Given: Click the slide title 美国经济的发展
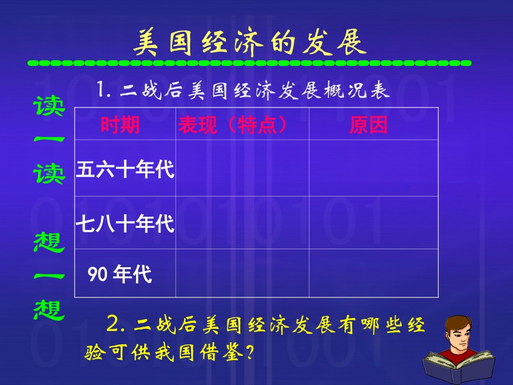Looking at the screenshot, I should pyautogui.click(x=249, y=43).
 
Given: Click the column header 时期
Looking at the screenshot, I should pyautogui.click(x=120, y=125).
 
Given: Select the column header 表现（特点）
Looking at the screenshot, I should pyautogui.click(x=232, y=125).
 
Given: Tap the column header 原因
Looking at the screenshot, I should pyautogui.click(x=368, y=125).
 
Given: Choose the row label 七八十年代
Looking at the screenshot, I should pyautogui.click(x=125, y=224).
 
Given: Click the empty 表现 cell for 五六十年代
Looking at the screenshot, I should pyautogui.click(x=242, y=168).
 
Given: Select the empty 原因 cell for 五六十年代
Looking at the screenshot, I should pyautogui.click(x=373, y=168).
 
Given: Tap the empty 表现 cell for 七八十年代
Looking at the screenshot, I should pyautogui.click(x=242, y=222).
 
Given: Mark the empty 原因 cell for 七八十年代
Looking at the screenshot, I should pyautogui.click(x=373, y=222).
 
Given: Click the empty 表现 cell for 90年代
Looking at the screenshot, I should pyautogui.click(x=242, y=273).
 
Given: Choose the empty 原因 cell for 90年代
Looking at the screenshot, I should pyautogui.click(x=373, y=273).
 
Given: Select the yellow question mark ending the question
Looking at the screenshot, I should pyautogui.click(x=249, y=354).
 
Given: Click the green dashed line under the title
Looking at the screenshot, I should pyautogui.click(x=249, y=63).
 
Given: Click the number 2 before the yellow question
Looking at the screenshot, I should pyautogui.click(x=112, y=325).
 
